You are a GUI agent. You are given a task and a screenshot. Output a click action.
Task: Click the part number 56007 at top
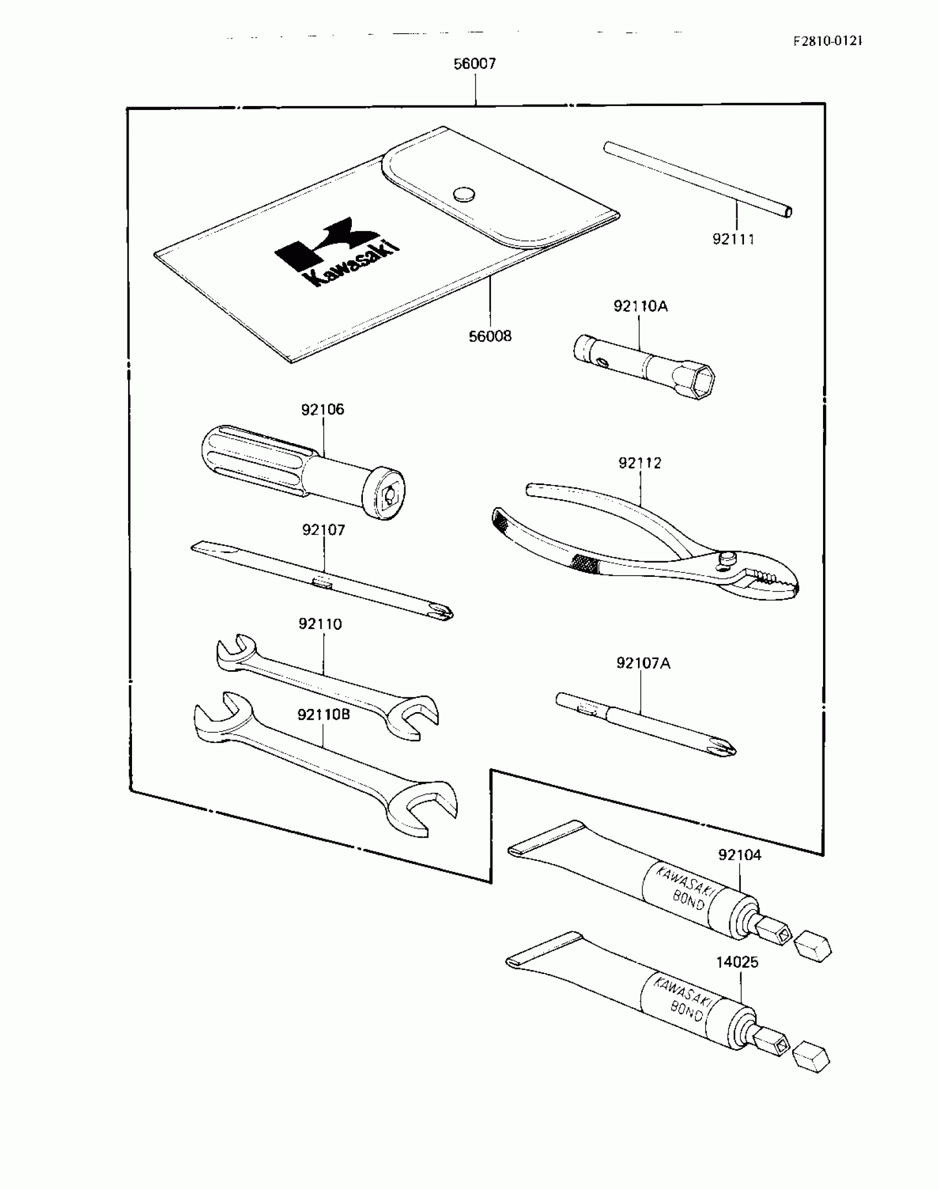[474, 64]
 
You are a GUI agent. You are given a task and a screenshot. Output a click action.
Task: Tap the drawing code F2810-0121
[827, 41]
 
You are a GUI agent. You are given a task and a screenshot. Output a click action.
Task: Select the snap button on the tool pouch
[464, 193]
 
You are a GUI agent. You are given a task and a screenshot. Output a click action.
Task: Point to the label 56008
[490, 336]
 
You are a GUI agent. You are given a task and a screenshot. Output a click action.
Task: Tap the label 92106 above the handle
[323, 409]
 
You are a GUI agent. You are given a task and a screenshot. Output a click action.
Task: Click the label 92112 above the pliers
[640, 463]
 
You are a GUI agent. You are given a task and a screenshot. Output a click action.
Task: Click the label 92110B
[324, 715]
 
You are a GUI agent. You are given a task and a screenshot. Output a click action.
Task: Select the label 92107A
[643, 663]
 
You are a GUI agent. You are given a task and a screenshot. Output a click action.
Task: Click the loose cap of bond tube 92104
[813, 947]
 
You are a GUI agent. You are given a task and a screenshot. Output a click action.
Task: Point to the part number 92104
[740, 855]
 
